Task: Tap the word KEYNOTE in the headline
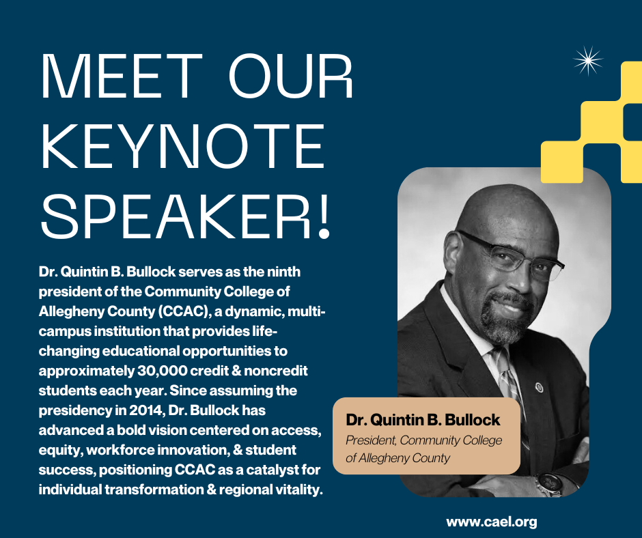tap(183, 147)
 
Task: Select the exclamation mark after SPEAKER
tap(324, 216)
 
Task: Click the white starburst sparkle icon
tap(588, 61)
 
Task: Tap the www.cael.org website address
tap(491, 522)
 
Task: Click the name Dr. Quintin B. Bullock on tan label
tap(423, 420)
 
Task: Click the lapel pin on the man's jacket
tap(540, 387)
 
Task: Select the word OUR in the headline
tap(290, 76)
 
